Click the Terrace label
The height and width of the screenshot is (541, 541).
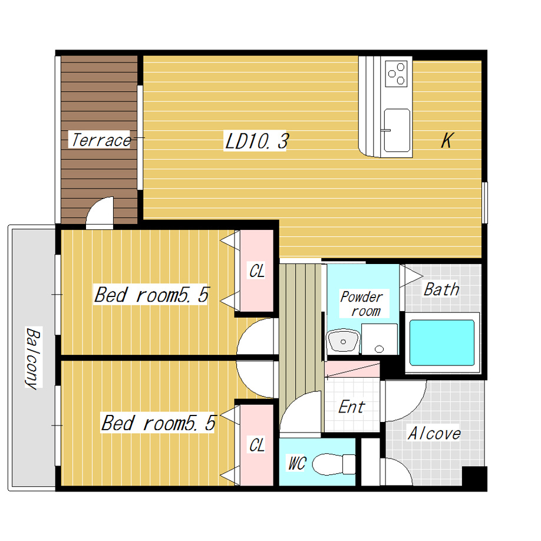tap(101, 140)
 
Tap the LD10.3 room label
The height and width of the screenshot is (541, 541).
tap(256, 141)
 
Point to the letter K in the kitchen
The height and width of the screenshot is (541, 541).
tap(447, 140)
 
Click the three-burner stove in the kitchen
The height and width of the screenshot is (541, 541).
tap(396, 74)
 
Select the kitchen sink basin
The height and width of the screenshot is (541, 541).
tap(397, 130)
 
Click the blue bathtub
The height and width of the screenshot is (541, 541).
tap(441, 342)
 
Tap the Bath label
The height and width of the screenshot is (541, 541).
tap(441, 289)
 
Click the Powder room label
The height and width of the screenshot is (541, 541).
tap(362, 304)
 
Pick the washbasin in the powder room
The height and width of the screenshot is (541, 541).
tap(343, 341)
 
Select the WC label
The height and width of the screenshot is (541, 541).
tap(297, 463)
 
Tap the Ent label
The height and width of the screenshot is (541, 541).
tap(352, 407)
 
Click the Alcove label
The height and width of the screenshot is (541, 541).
tap(434, 433)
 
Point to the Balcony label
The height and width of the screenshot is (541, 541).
tap(34, 358)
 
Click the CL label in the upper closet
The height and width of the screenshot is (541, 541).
tap(257, 271)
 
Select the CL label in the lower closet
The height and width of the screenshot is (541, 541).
tap(257, 446)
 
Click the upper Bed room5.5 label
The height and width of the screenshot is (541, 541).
tap(151, 295)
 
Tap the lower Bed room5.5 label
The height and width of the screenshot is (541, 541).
tap(159, 423)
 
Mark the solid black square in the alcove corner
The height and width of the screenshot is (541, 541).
tap(474, 477)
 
